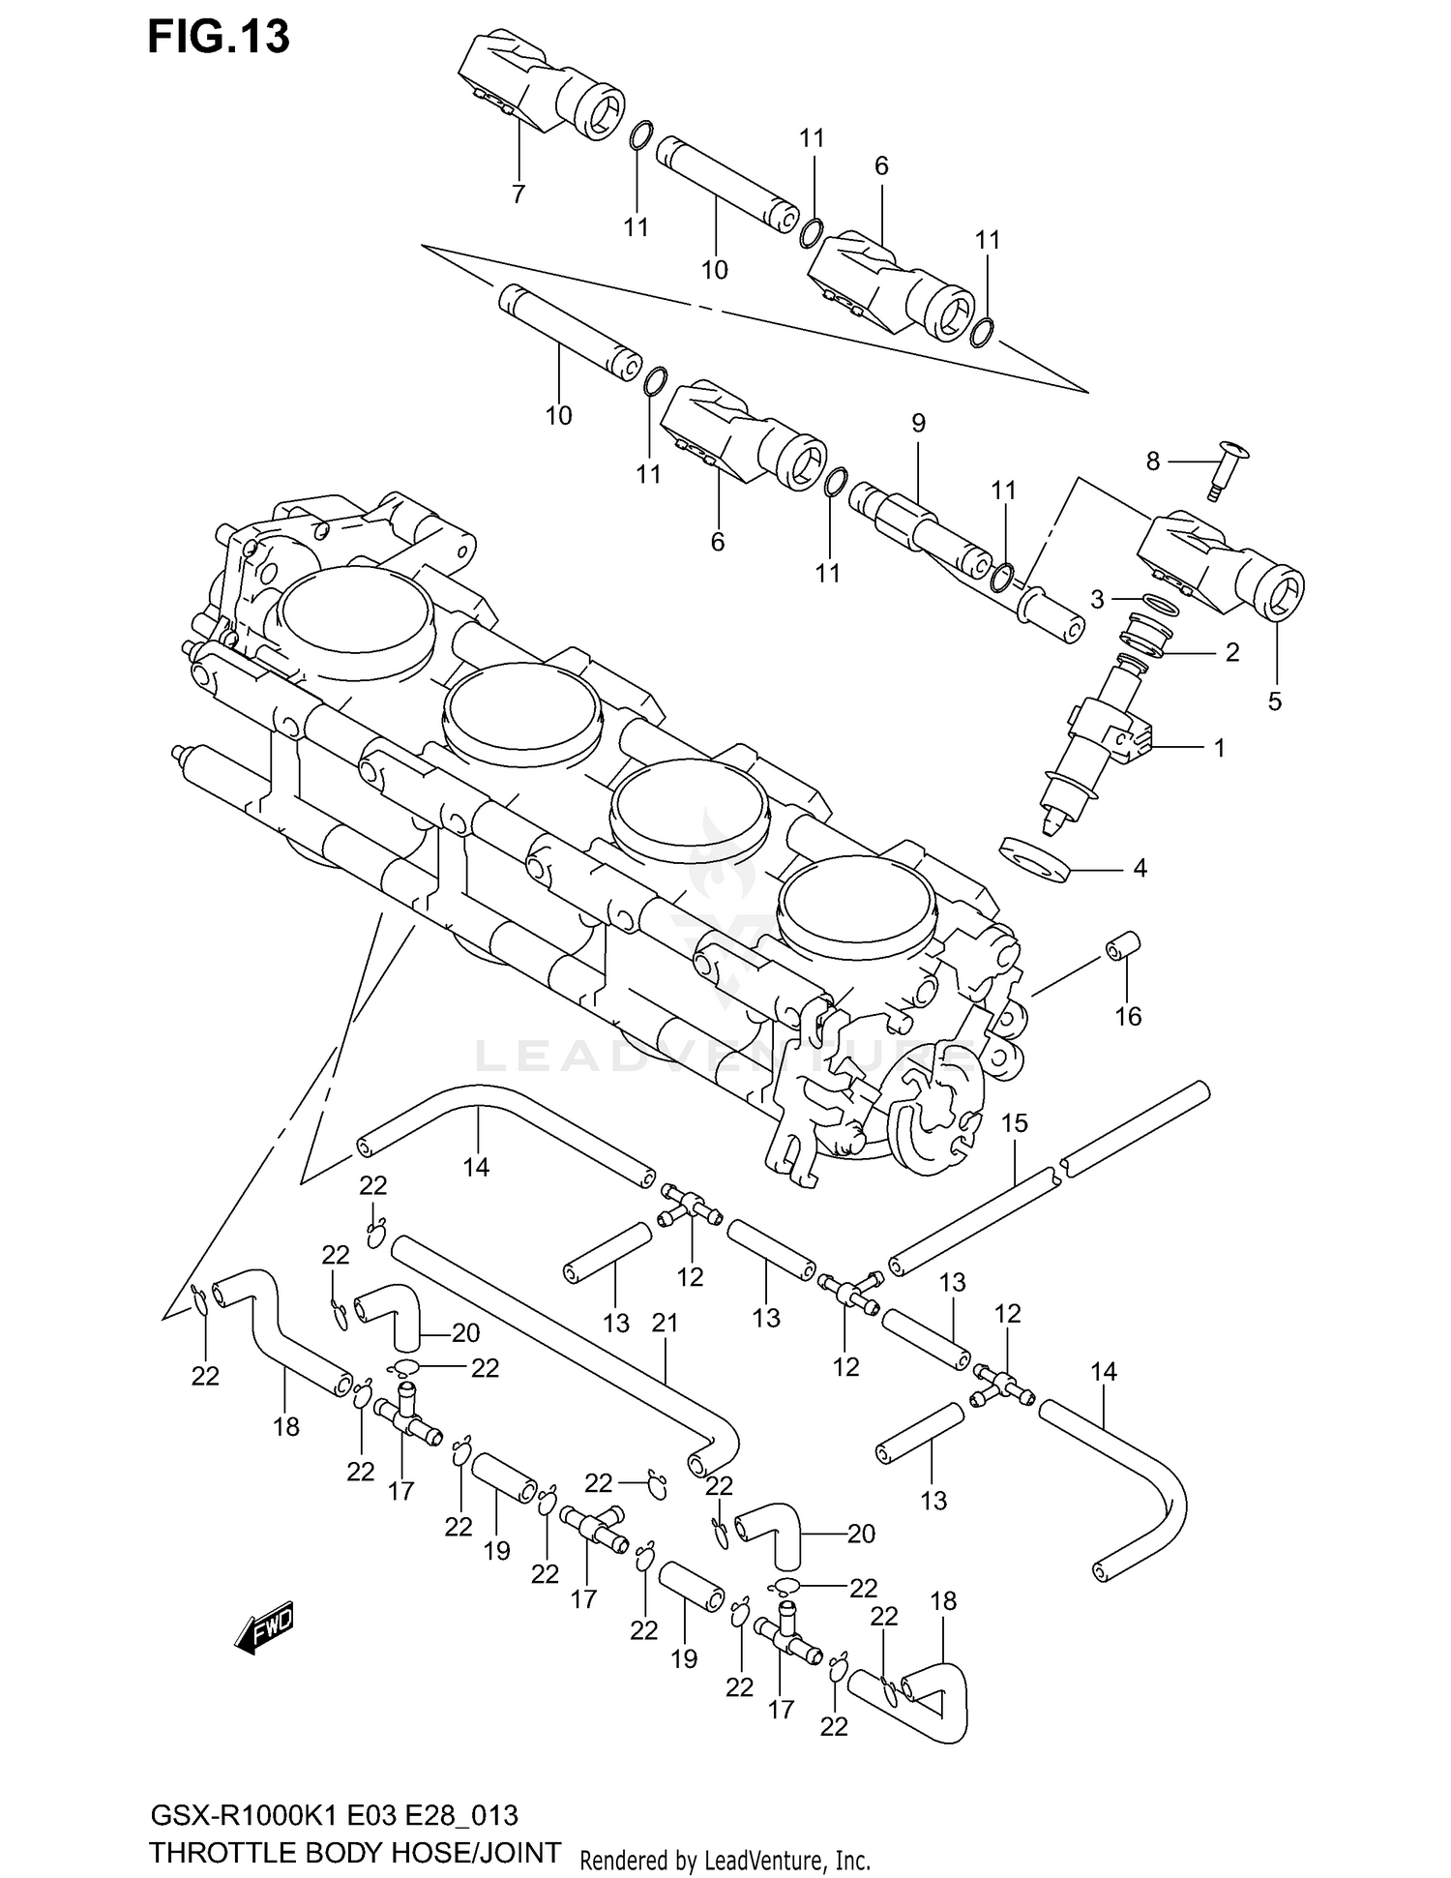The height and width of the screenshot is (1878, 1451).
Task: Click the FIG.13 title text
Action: coord(219,37)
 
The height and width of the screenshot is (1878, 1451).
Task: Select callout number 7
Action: coord(518,194)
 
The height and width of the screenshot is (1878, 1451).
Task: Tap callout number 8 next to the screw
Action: coord(1152,462)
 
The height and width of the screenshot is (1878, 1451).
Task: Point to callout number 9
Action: coord(918,423)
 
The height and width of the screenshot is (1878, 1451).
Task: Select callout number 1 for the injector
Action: coord(1220,747)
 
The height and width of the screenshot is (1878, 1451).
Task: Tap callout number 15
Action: coord(1015,1123)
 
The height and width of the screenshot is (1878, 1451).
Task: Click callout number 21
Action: coord(666,1323)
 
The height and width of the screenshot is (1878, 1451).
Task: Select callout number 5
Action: coord(1275,701)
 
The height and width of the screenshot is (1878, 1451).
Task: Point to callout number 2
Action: coord(1231,652)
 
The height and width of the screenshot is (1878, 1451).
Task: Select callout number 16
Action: coord(1128,1016)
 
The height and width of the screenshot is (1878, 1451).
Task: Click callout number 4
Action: coord(1140,869)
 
